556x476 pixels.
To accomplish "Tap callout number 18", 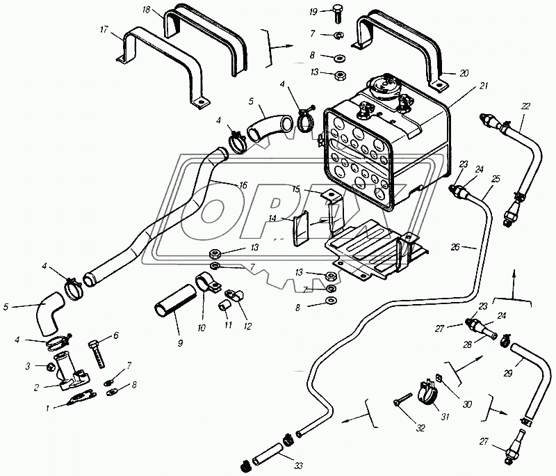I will coord(146,9).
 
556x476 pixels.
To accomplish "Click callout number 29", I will coord(508,374).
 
